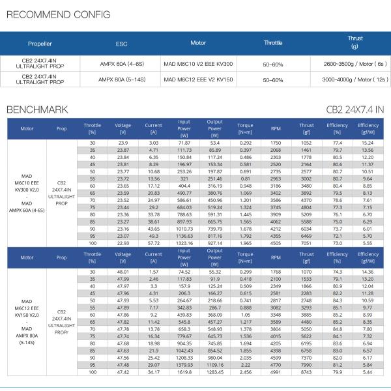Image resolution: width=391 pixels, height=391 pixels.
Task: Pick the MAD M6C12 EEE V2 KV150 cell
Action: pyautogui.click(x=198, y=80)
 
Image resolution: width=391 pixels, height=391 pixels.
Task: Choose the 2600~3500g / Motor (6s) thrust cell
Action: pyautogui.click(x=355, y=65)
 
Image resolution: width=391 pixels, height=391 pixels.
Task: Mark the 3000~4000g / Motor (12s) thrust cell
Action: pyautogui.click(x=355, y=80)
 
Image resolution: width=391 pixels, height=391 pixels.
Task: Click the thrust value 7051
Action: pyautogui.click(x=306, y=242)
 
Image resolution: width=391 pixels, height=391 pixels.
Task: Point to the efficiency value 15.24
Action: pyautogui.click(x=368, y=142)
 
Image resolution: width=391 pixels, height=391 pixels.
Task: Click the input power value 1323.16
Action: pyautogui.click(x=184, y=242)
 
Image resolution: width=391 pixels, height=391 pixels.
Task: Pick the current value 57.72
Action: pyautogui.click(x=153, y=242)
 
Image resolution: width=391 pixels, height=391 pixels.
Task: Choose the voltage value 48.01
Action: pyautogui.click(x=123, y=271)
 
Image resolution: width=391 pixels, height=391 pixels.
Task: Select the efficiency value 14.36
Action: pyautogui.click(x=368, y=271)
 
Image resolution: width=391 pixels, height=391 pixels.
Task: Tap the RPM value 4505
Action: pyautogui.click(x=276, y=242)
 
